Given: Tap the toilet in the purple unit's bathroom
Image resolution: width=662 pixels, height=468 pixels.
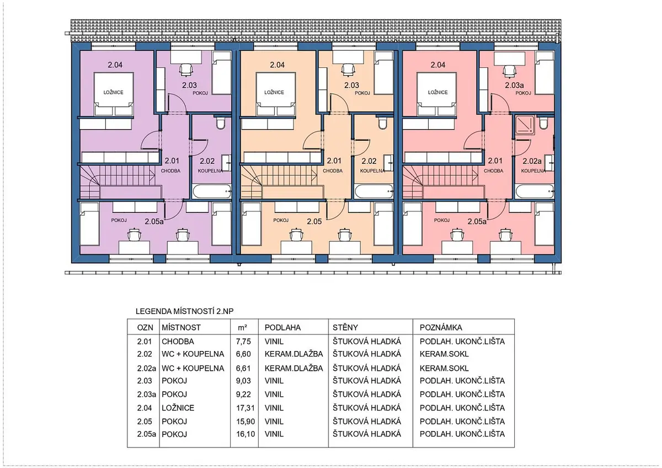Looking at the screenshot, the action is (x=220, y=123).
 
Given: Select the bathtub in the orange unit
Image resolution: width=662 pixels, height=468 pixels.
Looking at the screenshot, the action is (x=373, y=192).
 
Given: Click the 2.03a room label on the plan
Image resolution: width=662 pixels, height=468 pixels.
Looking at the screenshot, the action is (x=514, y=85).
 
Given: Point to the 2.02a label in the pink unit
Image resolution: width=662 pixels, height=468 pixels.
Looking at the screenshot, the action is (x=532, y=161).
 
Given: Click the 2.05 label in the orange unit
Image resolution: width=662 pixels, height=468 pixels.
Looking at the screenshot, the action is (x=314, y=221).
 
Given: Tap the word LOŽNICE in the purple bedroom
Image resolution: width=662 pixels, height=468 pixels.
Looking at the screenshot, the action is (x=113, y=92).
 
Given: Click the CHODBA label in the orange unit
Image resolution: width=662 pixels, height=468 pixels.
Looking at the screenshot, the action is (x=333, y=171).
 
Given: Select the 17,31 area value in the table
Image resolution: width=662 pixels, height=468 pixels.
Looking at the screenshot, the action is (x=243, y=408).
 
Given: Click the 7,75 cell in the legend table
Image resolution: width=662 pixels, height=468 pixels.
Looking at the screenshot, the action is (x=243, y=342).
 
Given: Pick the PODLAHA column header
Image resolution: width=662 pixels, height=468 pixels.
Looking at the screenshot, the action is (x=282, y=328).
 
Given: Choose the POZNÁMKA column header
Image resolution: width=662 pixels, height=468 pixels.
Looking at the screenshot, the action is (x=441, y=327).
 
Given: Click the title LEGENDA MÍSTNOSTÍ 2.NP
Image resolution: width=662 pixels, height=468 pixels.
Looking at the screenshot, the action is (x=184, y=311).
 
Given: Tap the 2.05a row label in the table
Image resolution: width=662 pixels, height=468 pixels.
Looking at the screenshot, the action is (x=146, y=434).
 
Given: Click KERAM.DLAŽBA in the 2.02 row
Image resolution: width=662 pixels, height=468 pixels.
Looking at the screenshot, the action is (x=293, y=354).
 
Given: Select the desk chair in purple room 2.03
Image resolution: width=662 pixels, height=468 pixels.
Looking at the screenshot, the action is (x=186, y=70).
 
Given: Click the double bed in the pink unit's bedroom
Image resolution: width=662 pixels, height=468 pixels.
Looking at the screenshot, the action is (x=436, y=94).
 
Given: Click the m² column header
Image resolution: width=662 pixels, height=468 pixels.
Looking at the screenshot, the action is (x=243, y=328).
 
